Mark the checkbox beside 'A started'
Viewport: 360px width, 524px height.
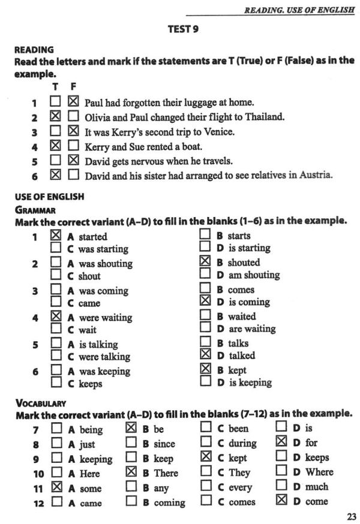(x=56, y=236)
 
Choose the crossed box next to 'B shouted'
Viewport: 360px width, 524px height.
(x=205, y=261)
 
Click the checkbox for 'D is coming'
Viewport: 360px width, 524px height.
(x=205, y=302)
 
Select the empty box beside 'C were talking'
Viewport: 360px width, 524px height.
(x=56, y=356)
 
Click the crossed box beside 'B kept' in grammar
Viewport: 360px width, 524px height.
(x=205, y=369)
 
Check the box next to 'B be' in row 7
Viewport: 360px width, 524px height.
(x=131, y=428)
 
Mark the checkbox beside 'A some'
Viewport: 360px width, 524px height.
(x=56, y=487)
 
